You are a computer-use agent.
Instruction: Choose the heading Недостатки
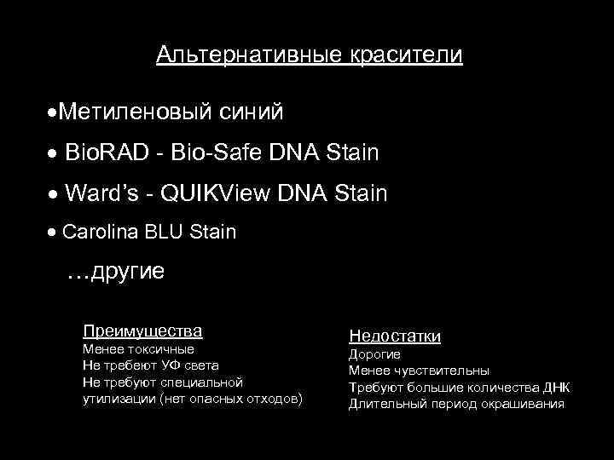(394, 336)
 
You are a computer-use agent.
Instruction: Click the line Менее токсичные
(138, 349)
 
